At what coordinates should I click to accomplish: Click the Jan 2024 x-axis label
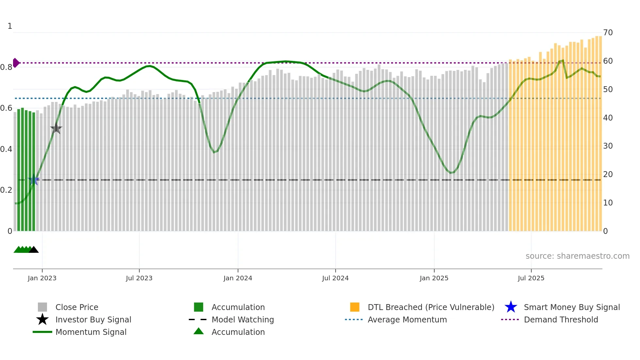pos(238,278)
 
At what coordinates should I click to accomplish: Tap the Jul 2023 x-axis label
pos(139,278)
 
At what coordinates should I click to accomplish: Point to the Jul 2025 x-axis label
pos(531,278)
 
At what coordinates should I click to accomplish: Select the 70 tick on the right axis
pos(608,33)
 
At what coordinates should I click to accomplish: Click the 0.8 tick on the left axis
pos(6,67)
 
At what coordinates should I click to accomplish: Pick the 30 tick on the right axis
pos(608,146)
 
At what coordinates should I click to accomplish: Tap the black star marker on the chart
pos(56,128)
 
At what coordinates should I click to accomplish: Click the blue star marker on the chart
pos(34,180)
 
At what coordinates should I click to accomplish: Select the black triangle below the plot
pos(34,250)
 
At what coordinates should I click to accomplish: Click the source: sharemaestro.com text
pos(577,256)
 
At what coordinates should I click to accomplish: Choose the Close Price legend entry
pos(77,307)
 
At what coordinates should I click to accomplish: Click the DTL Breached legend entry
pos(431,307)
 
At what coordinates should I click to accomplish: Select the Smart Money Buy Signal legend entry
pos(571,307)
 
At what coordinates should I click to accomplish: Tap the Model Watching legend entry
pos(242,319)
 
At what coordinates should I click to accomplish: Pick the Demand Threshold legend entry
pos(561,319)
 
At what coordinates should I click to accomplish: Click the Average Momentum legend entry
pos(407,319)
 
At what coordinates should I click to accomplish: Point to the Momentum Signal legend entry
pos(91,332)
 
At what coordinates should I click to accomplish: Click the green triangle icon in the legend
pos(199,331)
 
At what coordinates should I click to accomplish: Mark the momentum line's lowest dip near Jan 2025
pos(451,173)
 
